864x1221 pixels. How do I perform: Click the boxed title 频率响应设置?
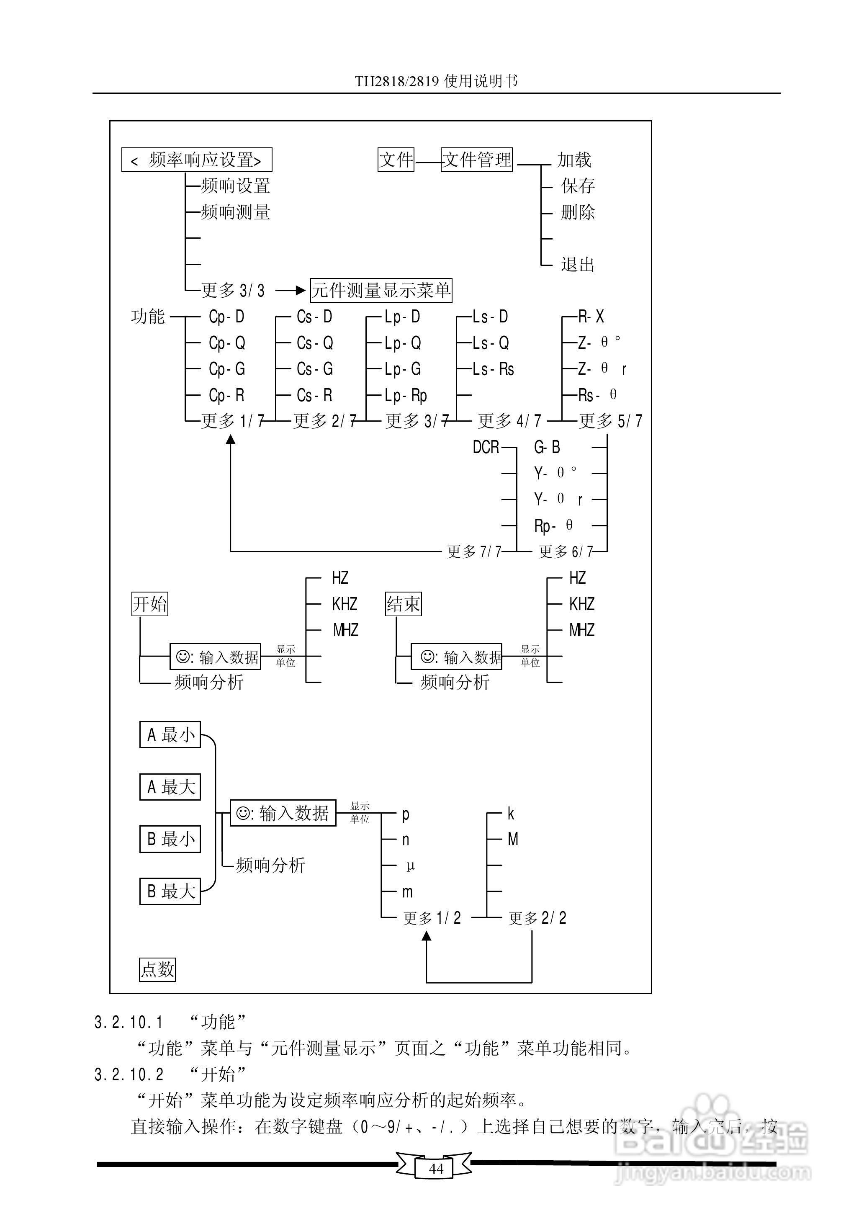coord(196,160)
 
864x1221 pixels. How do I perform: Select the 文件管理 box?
coord(477,160)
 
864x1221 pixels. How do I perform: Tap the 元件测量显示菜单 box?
coord(381,291)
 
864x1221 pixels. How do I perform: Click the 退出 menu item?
coord(577,264)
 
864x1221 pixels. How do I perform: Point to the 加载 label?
coord(574,160)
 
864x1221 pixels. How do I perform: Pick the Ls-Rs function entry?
coord(493,369)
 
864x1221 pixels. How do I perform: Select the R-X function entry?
coord(591,317)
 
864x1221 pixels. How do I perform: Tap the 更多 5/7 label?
coord(610,421)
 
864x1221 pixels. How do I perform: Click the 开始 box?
coord(150,604)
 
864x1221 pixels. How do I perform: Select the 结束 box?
coord(403,604)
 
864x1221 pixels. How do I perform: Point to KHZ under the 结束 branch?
coord(581,604)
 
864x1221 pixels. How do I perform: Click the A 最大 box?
coord(170,787)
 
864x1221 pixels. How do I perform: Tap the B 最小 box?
coord(170,839)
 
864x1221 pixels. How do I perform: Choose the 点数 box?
coord(157,969)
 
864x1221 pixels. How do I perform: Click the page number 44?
coord(436,1168)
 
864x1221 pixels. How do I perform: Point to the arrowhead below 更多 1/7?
coord(230,440)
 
